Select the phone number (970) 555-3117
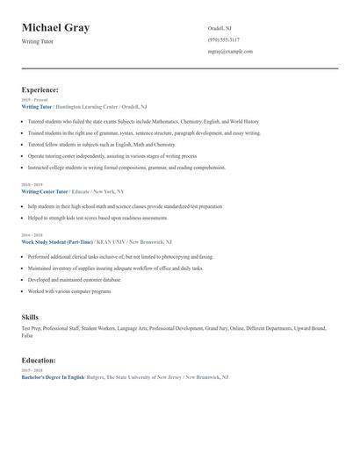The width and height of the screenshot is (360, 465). click(x=223, y=39)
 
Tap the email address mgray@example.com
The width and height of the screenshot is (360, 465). click(x=230, y=51)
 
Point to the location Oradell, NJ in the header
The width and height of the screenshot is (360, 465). click(x=220, y=28)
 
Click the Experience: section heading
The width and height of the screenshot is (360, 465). click(x=40, y=89)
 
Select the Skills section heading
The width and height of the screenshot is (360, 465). click(x=30, y=316)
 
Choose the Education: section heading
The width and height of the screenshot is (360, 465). click(x=39, y=360)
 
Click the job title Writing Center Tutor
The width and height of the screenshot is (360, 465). click(x=45, y=190)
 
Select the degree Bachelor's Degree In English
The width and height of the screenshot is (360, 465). click(x=53, y=376)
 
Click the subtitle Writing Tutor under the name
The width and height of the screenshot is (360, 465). click(x=38, y=41)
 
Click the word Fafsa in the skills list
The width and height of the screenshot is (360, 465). click(x=27, y=335)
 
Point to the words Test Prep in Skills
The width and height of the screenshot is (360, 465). click(x=31, y=328)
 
